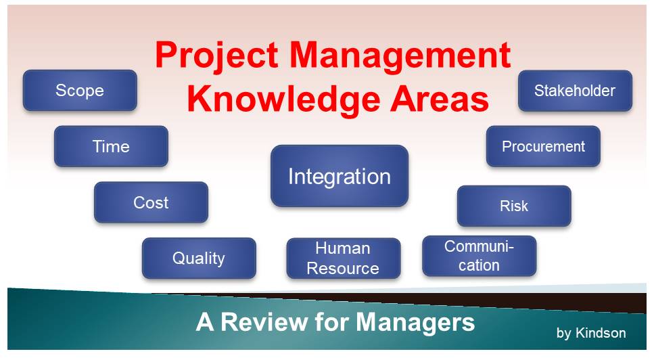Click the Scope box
pyautogui.click(x=80, y=90)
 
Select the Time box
pyautogui.click(x=111, y=146)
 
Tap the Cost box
pyautogui.click(x=151, y=202)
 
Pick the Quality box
pyautogui.click(x=199, y=258)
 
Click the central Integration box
pyautogui.click(x=340, y=176)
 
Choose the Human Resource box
pyautogui.click(x=344, y=258)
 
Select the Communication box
pyautogui.click(x=480, y=256)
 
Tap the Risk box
pyautogui.click(x=514, y=206)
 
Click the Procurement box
pyautogui.click(x=543, y=146)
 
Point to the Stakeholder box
pyautogui.click(x=575, y=91)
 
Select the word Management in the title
pyautogui.click(x=400, y=55)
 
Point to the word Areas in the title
pyautogui.click(x=440, y=99)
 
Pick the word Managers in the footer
pyautogui.click(x=415, y=323)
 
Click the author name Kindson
pyautogui.click(x=601, y=333)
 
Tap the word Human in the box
pyautogui.click(x=343, y=248)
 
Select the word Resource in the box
pyautogui.click(x=343, y=268)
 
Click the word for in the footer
pyautogui.click(x=332, y=322)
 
